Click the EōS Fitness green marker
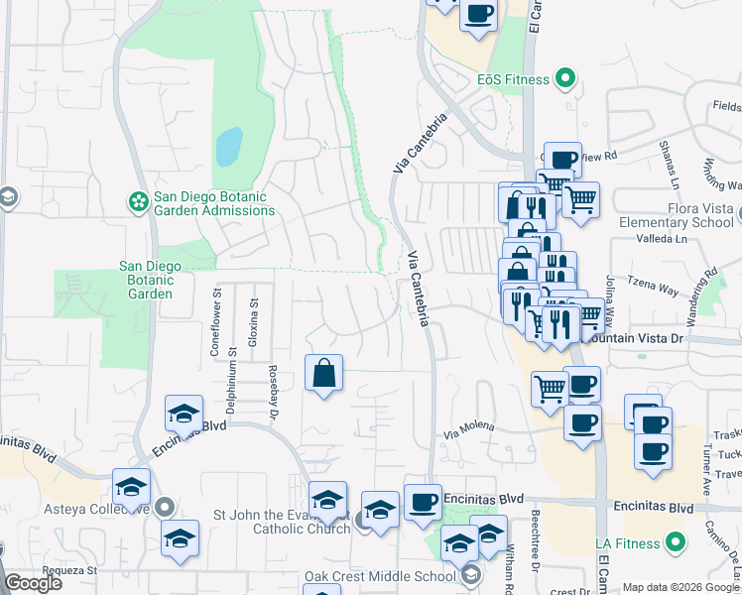tap(565, 77)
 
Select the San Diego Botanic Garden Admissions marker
tap(138, 202)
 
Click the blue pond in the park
tap(228, 147)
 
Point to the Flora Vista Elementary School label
tap(676, 216)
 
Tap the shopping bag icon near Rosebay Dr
tap(324, 374)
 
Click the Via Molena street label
tap(468, 429)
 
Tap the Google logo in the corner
tap(33, 583)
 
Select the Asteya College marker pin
tap(165, 507)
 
